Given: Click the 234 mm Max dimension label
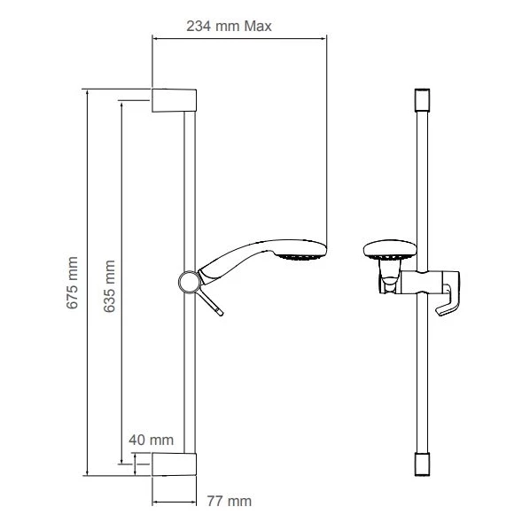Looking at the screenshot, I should [x=229, y=26].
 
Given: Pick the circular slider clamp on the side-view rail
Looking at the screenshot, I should [x=187, y=281].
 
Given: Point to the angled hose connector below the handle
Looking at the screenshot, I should [x=214, y=300].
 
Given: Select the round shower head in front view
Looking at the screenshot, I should [x=386, y=252].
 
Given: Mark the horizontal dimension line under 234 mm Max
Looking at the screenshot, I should [x=239, y=38].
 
